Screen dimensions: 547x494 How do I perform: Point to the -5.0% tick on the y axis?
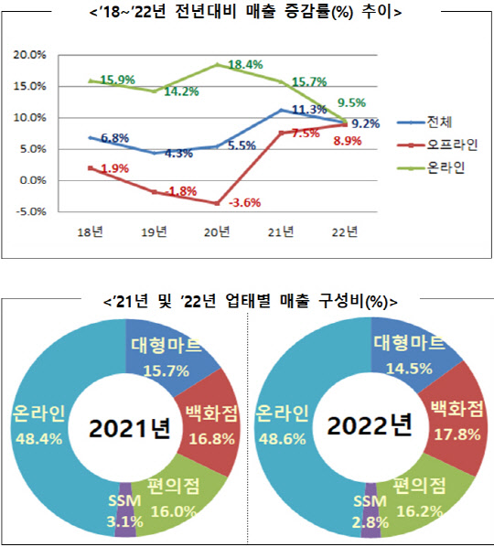tap(35, 211)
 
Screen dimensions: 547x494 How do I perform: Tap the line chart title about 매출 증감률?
tap(247, 13)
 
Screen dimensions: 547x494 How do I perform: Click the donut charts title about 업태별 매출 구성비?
tap(247, 301)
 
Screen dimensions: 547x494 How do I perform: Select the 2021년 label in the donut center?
tap(130, 427)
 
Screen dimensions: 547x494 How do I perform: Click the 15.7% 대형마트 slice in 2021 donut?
tap(160, 358)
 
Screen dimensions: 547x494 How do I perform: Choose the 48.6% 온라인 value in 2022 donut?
tap(289, 439)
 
